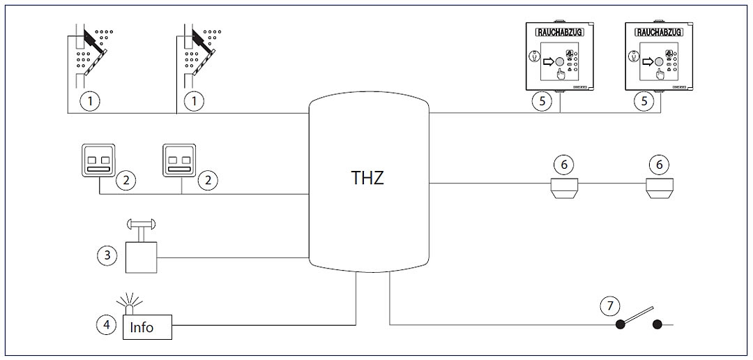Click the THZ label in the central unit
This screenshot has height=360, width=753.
point(367,178)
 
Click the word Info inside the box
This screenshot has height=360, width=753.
point(142,327)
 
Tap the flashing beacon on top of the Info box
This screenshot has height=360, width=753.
point(129,304)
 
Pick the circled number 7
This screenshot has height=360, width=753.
point(609,305)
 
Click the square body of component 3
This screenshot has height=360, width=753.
point(141,257)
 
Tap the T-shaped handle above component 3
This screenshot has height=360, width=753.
point(141,226)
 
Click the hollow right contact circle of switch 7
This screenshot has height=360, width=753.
point(657,324)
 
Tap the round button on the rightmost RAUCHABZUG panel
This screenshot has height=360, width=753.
point(660,61)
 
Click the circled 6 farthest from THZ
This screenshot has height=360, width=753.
point(659,165)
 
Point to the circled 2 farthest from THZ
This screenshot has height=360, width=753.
point(125,181)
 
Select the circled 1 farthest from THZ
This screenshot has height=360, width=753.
point(88,101)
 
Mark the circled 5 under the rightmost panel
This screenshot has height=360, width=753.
point(644,101)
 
